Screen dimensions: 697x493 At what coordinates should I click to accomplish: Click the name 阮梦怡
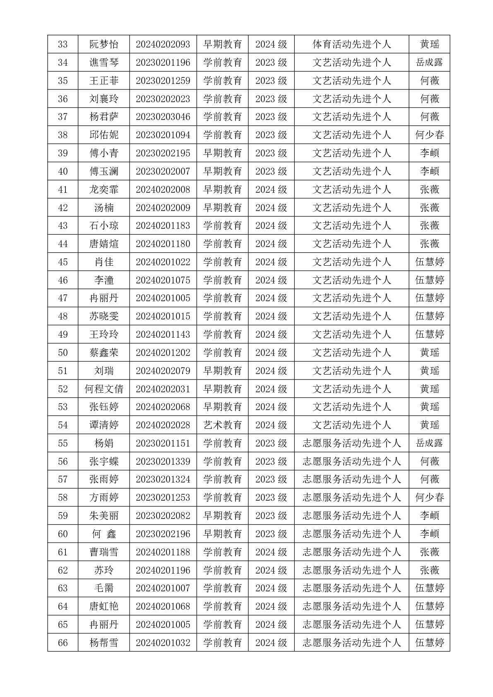104,44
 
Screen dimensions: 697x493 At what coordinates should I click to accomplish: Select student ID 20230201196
163,62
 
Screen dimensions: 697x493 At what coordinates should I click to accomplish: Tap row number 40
63,171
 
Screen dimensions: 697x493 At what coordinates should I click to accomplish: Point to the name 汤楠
104,208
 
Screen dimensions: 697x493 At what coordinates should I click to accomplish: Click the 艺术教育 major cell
222,425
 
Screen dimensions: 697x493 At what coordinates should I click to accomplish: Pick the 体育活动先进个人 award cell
351,44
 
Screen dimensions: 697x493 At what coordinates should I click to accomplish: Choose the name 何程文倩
104,389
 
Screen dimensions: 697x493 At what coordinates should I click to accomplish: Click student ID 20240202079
163,371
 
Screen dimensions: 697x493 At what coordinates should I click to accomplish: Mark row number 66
63,643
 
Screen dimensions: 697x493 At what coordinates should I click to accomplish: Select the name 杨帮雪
104,643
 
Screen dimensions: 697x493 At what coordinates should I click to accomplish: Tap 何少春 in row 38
429,135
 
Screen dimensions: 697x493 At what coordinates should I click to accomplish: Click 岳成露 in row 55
429,443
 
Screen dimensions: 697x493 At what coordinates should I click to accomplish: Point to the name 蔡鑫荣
104,353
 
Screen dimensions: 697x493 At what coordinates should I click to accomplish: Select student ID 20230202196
163,534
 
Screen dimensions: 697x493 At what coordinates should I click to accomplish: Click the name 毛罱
104,588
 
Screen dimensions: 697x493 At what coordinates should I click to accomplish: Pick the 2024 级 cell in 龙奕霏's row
271,190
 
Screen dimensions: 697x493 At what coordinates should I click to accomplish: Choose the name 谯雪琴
104,62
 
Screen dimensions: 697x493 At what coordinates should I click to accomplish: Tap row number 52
63,389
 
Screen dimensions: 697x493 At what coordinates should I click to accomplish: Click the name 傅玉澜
104,171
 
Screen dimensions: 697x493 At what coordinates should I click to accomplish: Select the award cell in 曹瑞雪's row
351,552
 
